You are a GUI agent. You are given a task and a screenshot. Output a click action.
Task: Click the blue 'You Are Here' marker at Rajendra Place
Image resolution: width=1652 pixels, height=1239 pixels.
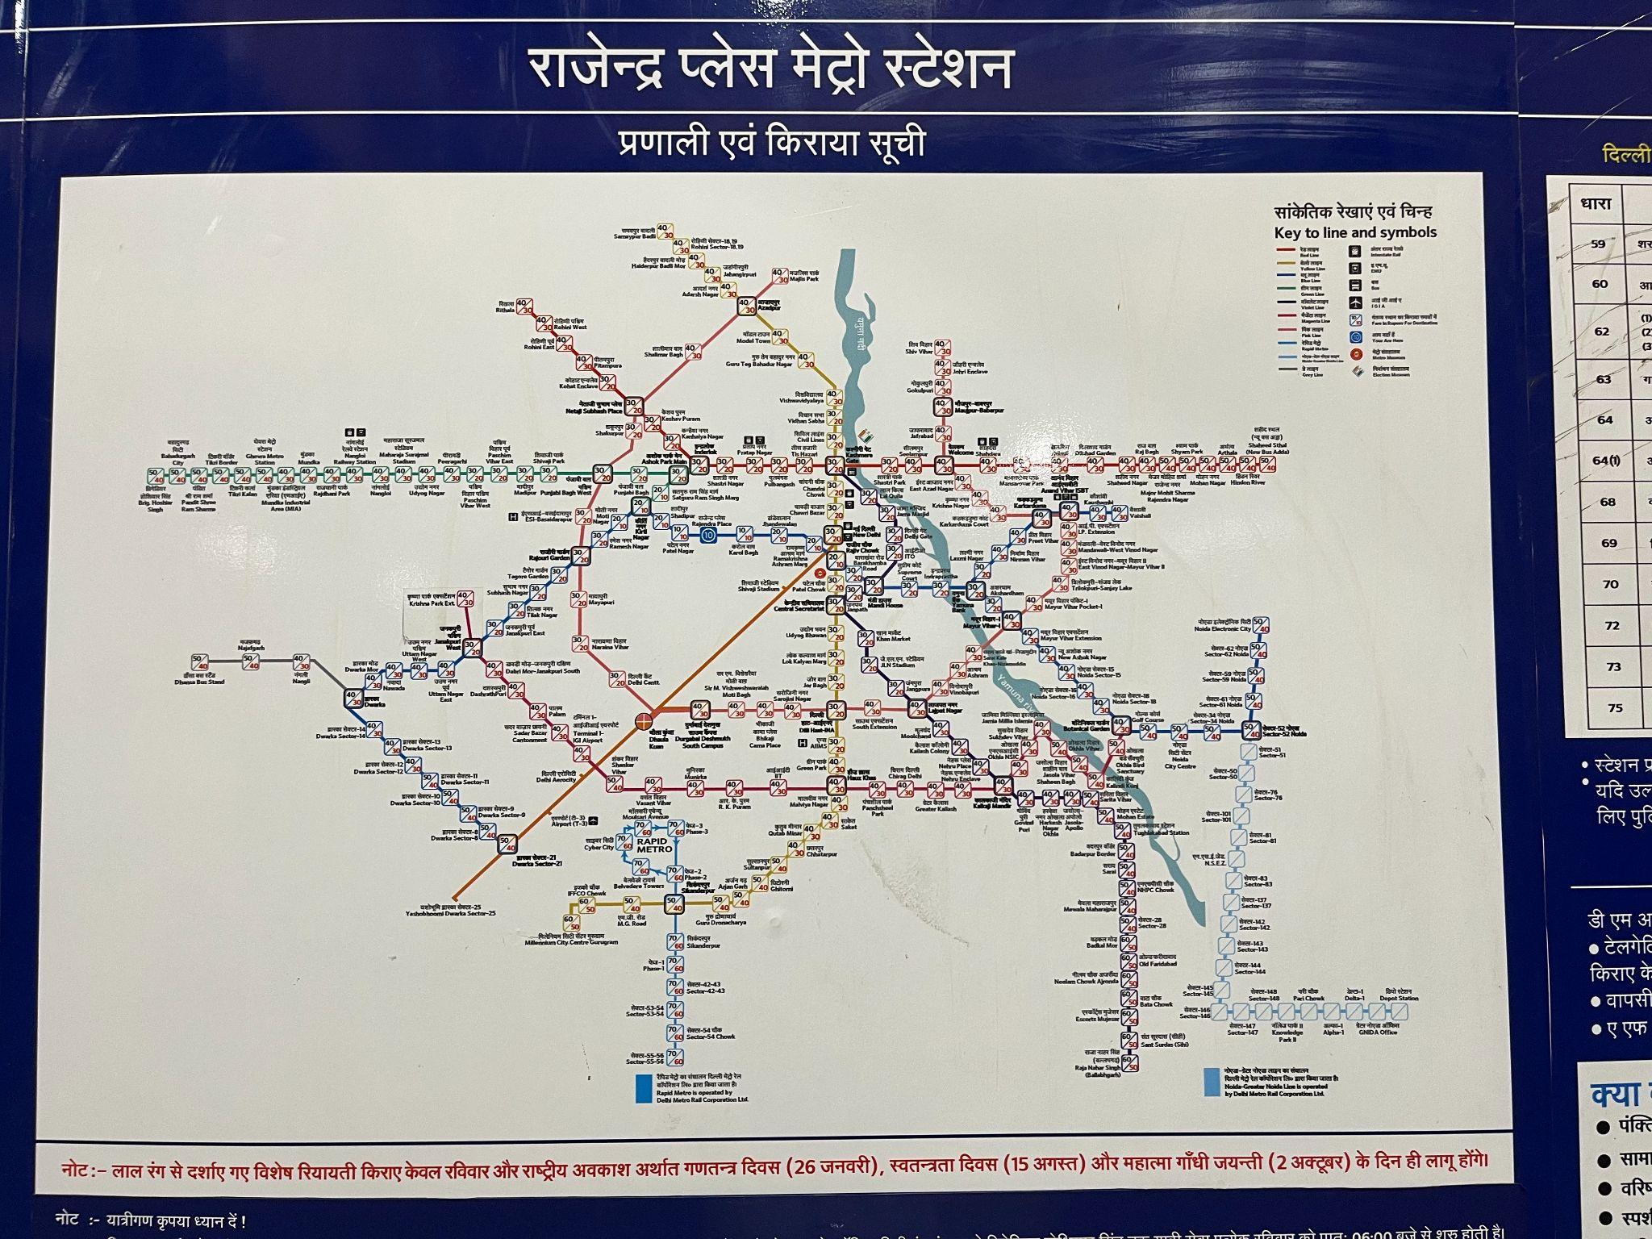[707, 535]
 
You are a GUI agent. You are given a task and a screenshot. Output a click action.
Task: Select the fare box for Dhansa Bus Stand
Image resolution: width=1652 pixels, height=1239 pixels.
[200, 663]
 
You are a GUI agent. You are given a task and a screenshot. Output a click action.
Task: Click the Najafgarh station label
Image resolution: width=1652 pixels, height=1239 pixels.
[251, 645]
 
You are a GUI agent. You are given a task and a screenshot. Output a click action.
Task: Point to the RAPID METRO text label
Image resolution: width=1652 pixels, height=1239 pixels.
[653, 846]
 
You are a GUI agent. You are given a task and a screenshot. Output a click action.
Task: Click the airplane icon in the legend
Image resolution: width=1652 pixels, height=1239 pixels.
[1356, 302]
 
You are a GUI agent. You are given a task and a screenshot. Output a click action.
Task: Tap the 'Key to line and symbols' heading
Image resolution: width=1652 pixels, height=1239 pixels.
[1355, 233]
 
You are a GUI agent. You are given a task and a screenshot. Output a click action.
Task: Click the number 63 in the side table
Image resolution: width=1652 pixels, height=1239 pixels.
[1603, 379]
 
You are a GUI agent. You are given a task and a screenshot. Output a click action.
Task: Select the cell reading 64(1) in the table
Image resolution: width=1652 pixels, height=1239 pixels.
[1605, 461]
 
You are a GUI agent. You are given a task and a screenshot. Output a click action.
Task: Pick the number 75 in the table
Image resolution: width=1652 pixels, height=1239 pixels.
[1614, 708]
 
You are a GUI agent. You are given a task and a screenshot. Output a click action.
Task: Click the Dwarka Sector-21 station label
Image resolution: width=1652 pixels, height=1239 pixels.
[537, 861]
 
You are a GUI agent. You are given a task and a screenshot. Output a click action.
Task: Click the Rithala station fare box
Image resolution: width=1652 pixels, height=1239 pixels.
[524, 307]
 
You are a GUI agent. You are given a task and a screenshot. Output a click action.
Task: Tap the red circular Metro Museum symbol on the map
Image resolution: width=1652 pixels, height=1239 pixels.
[820, 572]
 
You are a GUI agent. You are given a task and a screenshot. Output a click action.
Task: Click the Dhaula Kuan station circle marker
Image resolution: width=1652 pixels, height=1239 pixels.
[645, 719]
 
